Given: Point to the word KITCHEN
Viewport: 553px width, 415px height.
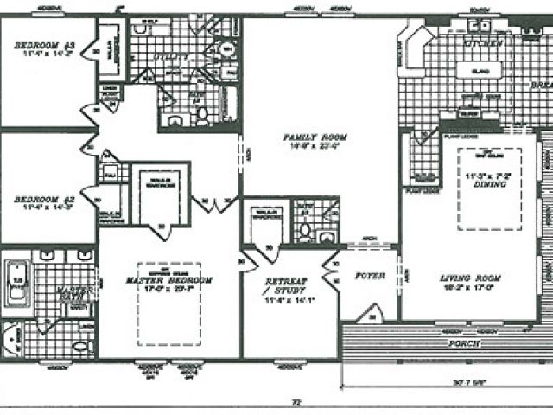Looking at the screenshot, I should [483, 41].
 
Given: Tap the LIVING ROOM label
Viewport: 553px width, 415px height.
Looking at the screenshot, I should [471, 278].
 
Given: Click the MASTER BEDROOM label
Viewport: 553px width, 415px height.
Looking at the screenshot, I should [168, 280].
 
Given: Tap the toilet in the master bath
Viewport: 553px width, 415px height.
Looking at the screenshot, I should [81, 345].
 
